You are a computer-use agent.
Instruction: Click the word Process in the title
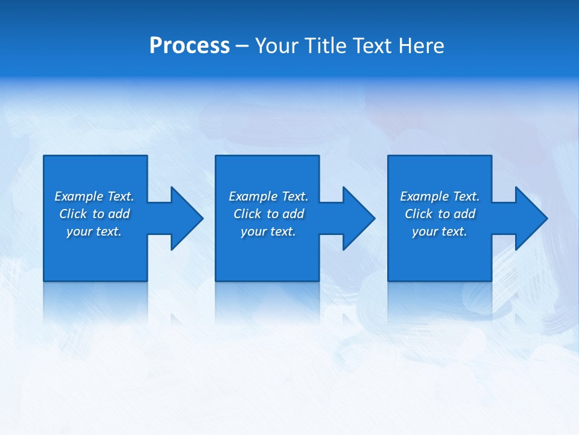[189, 46]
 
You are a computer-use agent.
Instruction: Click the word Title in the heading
[325, 46]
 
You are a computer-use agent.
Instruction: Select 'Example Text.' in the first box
[94, 196]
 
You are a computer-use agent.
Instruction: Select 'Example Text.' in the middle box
[268, 196]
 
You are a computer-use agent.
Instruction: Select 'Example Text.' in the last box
[440, 196]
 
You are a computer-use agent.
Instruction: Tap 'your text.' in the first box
[94, 231]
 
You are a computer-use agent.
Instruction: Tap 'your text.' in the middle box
[268, 231]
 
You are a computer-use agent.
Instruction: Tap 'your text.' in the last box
[440, 231]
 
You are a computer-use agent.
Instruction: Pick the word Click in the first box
[73, 214]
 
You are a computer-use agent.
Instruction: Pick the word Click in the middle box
[247, 214]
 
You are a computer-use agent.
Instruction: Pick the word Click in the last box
[419, 214]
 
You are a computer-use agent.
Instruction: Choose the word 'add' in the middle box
[293, 214]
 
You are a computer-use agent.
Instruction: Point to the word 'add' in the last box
[464, 214]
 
